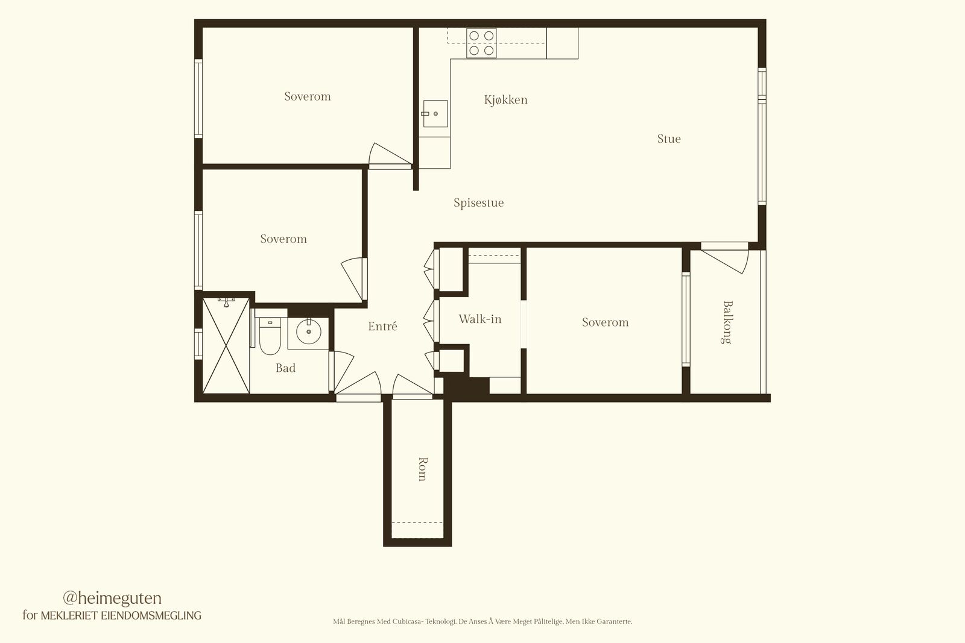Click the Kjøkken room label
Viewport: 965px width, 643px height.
(x=506, y=100)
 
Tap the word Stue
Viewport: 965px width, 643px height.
(x=669, y=139)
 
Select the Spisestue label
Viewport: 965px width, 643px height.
(x=479, y=202)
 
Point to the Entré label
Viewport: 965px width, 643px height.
(x=382, y=326)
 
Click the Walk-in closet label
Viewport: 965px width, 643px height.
(x=480, y=319)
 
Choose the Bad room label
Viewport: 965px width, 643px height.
(x=286, y=368)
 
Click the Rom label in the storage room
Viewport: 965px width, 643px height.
(x=423, y=469)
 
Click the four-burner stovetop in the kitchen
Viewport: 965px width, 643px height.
(x=481, y=43)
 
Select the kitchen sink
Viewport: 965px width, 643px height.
(x=435, y=114)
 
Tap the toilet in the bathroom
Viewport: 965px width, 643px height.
(x=270, y=336)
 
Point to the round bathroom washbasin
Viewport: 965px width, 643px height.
(x=308, y=331)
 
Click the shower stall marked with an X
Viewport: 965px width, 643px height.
(x=226, y=345)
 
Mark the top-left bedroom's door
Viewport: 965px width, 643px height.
(x=390, y=155)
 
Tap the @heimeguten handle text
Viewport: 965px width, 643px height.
(x=112, y=598)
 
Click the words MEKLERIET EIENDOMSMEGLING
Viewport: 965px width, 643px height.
(x=121, y=615)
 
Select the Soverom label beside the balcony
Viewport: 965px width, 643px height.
(x=606, y=322)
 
